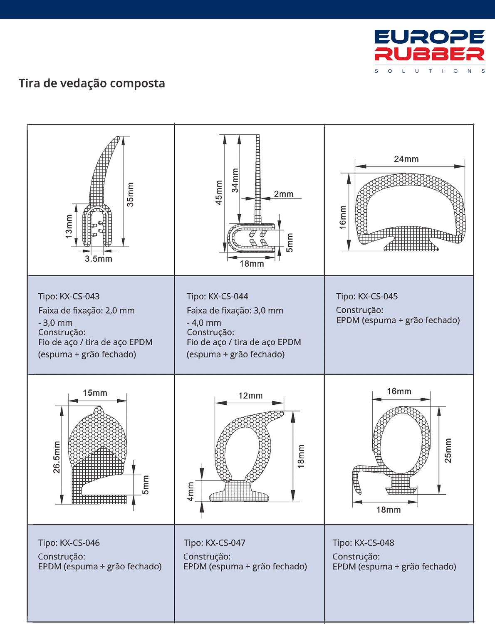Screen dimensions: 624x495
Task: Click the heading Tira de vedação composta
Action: [92, 83]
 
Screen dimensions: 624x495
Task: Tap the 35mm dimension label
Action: [130, 195]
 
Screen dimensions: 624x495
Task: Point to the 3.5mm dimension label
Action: [99, 259]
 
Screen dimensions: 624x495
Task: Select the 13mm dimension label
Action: [69, 226]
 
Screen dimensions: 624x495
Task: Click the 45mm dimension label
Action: [219, 192]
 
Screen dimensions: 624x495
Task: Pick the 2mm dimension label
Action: [284, 194]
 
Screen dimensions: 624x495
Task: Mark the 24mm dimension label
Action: [406, 159]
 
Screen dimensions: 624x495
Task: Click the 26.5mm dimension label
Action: [57, 457]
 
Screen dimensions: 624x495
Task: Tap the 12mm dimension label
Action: [250, 396]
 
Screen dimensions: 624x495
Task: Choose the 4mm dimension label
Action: [191, 491]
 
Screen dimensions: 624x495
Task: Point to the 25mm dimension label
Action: [448, 451]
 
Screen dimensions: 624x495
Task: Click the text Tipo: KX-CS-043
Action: [69, 297]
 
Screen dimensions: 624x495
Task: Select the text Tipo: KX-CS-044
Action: [218, 297]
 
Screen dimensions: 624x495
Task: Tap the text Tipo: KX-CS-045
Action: [367, 297]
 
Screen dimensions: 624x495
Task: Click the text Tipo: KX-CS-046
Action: [69, 543]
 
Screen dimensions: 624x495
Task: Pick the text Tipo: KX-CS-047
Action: [215, 543]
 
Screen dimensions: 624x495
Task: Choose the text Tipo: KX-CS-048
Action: [364, 543]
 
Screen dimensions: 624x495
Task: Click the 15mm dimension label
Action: [95, 393]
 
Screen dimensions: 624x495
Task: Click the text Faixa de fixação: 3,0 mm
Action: [235, 311]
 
